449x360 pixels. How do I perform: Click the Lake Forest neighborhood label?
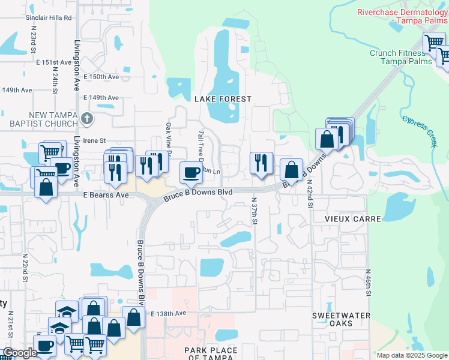[x=222, y=98]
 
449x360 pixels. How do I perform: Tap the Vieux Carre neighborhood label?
[x=354, y=219]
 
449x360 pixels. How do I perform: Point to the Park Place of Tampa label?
[x=211, y=354]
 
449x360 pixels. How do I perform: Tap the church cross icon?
[x=87, y=118]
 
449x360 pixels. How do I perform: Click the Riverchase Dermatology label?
[x=402, y=16]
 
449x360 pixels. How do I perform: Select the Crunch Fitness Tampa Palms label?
[x=397, y=58]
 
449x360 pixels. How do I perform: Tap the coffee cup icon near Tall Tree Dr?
[x=191, y=173]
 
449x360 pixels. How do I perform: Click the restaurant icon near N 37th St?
[x=261, y=163]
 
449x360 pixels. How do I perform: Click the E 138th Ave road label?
[x=169, y=314]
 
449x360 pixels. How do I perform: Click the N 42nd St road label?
[x=310, y=193]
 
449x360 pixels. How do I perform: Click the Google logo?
[x=20, y=353]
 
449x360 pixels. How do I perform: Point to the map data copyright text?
[x=411, y=355]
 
